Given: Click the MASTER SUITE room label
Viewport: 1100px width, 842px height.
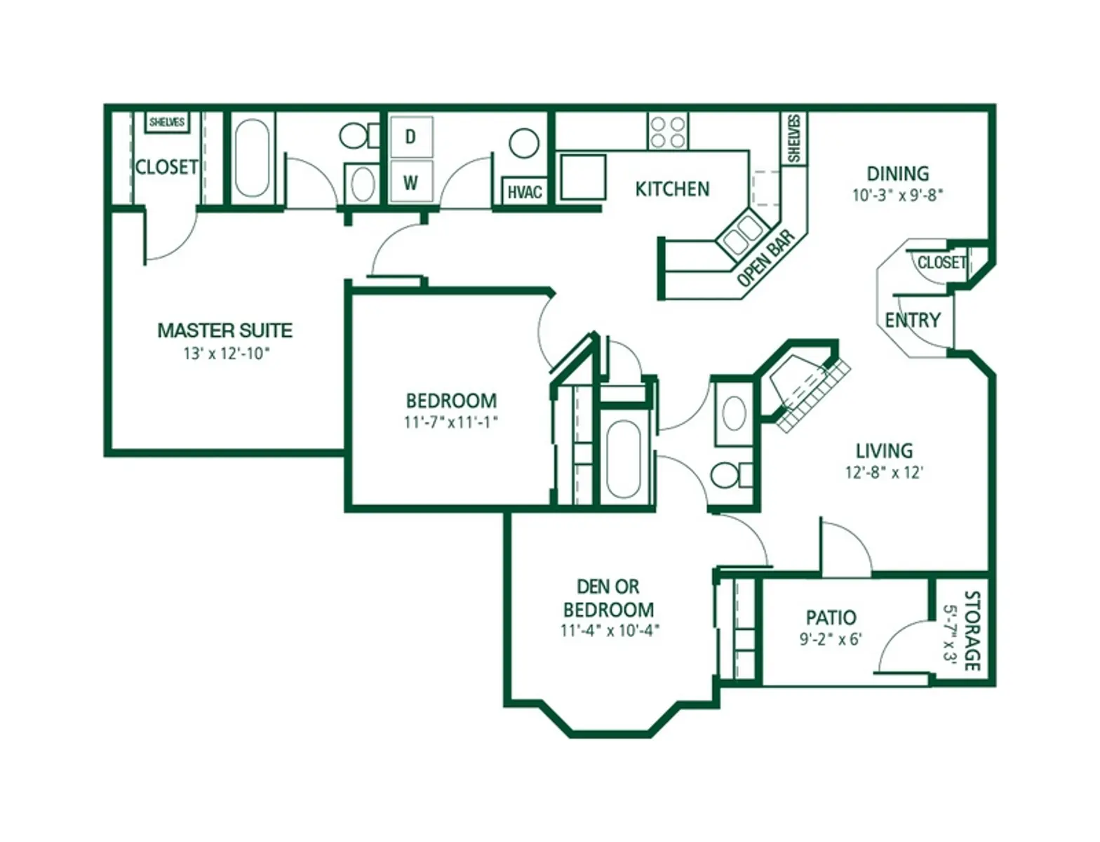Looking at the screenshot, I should (x=224, y=330).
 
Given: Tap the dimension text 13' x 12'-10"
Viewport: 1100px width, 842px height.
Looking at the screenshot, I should (x=226, y=354).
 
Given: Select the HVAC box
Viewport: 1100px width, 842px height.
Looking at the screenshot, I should (x=525, y=192).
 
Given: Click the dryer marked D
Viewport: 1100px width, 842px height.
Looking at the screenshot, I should (x=411, y=137).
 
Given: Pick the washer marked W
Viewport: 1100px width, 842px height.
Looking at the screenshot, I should (x=411, y=182).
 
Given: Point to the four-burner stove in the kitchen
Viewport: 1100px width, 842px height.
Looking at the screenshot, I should (x=667, y=132).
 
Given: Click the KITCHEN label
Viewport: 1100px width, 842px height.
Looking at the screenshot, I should (x=672, y=189).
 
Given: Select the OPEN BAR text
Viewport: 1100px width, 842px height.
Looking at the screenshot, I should (x=767, y=258).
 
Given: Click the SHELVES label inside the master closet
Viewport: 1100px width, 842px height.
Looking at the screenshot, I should (x=167, y=122).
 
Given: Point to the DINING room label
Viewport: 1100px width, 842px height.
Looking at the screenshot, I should (x=897, y=173).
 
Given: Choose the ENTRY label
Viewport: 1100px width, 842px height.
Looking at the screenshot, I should (x=912, y=321).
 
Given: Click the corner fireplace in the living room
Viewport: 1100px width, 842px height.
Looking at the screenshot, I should (x=807, y=386).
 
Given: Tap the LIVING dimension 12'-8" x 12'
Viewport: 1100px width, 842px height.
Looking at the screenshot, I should (x=884, y=472).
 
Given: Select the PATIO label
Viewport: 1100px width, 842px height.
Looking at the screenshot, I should (x=831, y=617).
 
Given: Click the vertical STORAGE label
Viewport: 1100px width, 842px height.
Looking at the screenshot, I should (x=972, y=630).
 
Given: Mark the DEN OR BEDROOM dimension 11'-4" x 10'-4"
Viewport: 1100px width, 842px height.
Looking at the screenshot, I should (x=610, y=631).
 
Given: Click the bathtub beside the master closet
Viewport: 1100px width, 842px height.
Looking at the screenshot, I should (x=252, y=158).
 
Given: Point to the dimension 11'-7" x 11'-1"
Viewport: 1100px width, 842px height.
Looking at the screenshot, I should (x=451, y=422).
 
